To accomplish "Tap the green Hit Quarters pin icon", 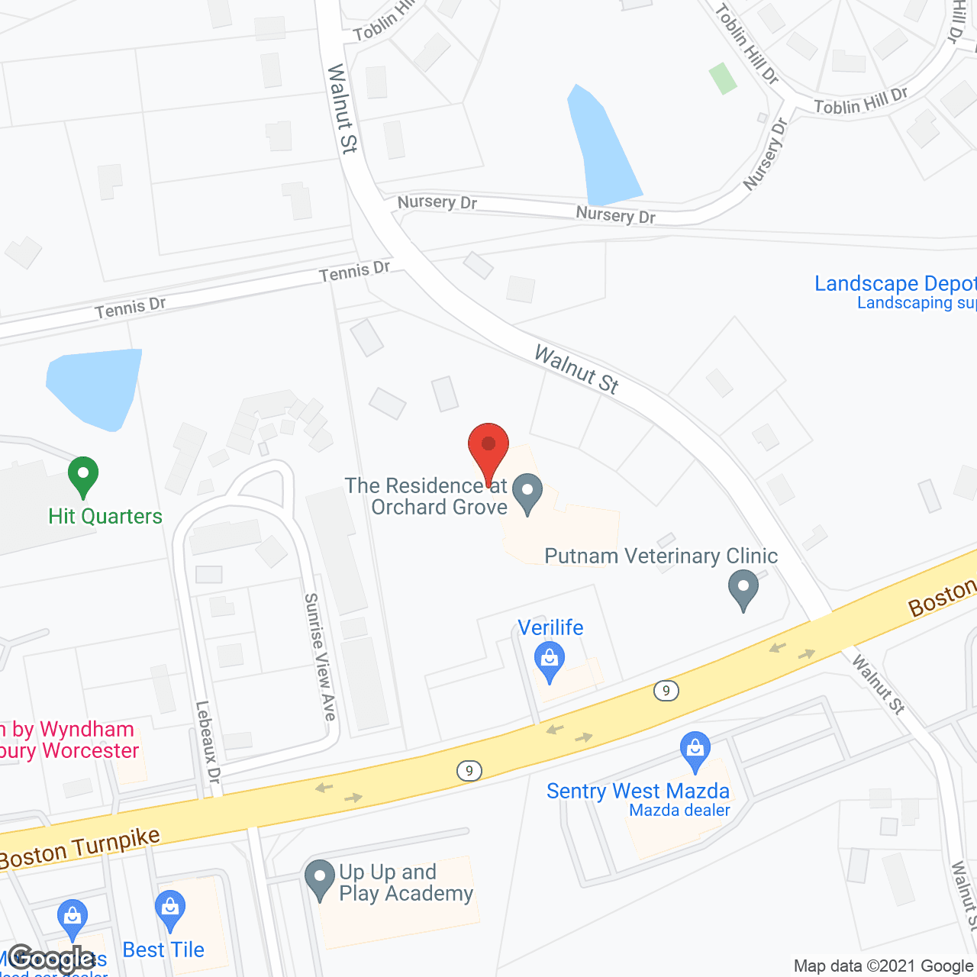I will (83, 476).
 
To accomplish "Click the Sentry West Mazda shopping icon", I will (695, 751).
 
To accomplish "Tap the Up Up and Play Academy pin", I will (319, 879).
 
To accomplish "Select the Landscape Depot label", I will (895, 284).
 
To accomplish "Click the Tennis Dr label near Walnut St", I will (354, 271).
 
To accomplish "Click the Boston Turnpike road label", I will (80, 848).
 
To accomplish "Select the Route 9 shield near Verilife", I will (666, 691).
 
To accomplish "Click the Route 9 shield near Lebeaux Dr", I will (469, 771).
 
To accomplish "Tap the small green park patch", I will (722, 78).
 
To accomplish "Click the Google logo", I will (52, 958).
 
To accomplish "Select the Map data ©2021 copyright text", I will (884, 966).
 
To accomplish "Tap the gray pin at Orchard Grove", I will (527, 493).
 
